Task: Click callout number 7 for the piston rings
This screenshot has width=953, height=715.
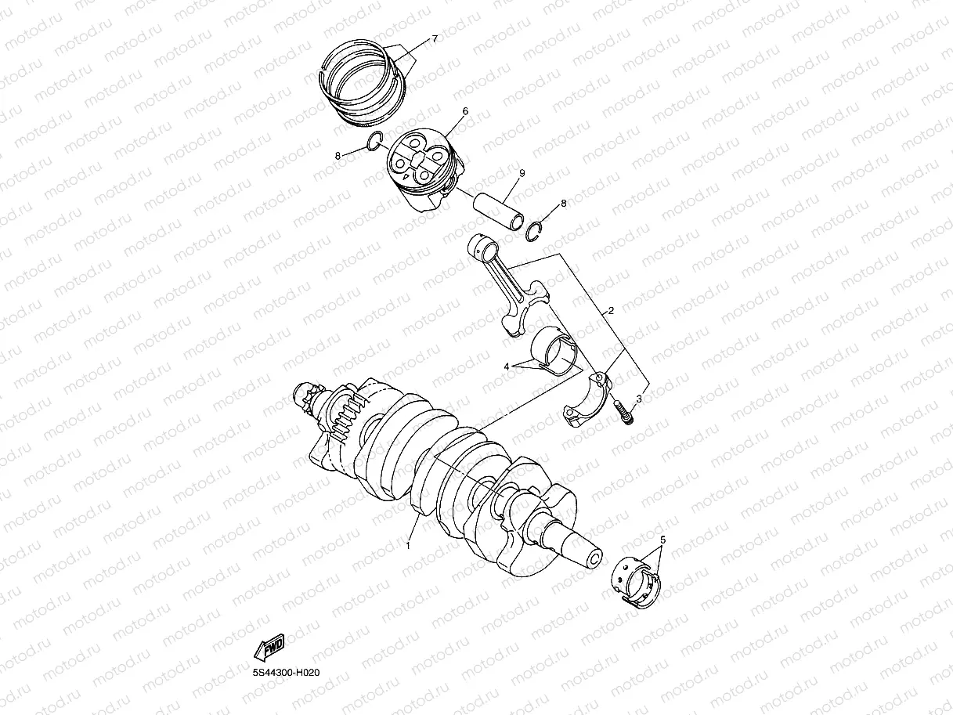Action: coord(435,38)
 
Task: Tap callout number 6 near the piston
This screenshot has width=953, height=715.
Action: coord(465,112)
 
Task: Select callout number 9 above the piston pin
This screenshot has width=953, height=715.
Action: coord(522,172)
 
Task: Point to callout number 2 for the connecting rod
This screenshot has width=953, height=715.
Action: coord(611,311)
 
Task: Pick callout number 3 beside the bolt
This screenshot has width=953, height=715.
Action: coord(639,399)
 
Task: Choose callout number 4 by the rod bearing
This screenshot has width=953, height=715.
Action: coord(507,366)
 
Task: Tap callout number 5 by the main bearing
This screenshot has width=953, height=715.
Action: coord(662,540)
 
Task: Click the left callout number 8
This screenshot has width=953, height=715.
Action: coord(338,156)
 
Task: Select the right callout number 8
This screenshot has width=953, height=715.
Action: coord(563,204)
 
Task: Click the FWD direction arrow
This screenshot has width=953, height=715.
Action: coord(268,647)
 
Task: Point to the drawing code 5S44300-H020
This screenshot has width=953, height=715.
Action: coord(286,673)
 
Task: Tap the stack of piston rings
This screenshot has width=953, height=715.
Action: coord(364,81)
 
